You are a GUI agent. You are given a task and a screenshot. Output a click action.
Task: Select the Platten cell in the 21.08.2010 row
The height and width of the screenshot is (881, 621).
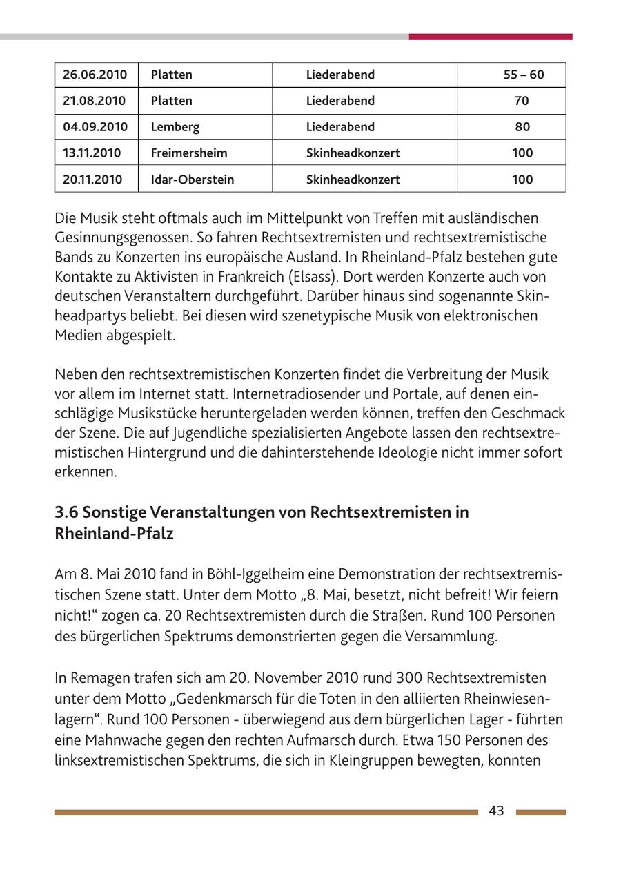coord(171,101)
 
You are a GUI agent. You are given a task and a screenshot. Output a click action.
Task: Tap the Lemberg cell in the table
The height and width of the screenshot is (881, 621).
coord(175,127)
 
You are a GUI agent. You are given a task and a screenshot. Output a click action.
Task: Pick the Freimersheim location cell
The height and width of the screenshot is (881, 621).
coord(189,153)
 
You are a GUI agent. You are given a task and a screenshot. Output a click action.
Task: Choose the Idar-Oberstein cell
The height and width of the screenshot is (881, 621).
coord(193,180)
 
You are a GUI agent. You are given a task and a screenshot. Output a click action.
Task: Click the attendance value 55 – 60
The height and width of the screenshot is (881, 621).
coord(523,75)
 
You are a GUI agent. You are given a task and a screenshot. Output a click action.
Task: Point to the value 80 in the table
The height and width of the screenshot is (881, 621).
coord(522,127)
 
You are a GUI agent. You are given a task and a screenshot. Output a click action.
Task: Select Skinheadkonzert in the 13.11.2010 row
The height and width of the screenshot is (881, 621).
coord(353,153)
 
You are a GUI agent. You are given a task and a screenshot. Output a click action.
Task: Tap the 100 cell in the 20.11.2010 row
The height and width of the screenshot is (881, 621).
coord(522,180)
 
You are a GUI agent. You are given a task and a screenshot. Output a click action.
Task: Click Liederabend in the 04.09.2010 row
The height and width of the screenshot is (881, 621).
coord(340,127)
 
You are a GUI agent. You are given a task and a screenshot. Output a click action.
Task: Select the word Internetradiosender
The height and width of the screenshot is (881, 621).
coord(298,394)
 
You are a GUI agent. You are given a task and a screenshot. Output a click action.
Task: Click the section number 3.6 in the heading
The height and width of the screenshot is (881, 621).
coord(66,512)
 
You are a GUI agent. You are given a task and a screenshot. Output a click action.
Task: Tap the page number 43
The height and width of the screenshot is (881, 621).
coord(496,811)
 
